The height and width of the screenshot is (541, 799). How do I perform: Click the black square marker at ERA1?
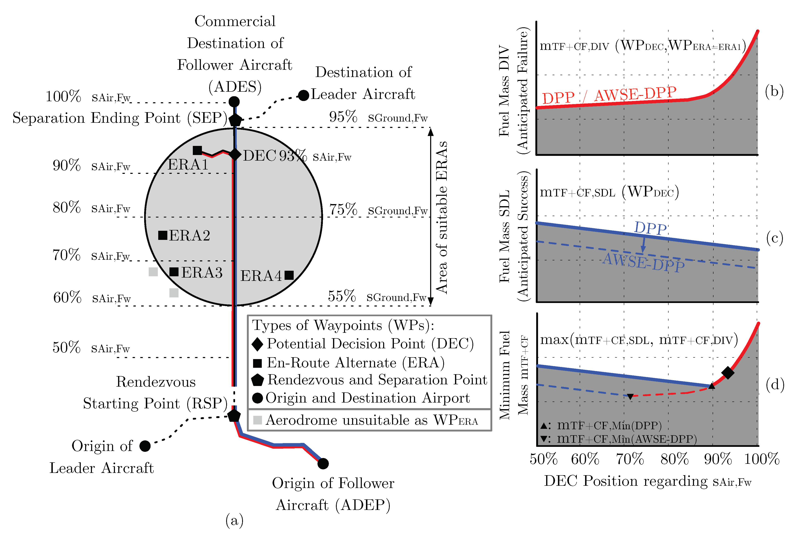point(197,150)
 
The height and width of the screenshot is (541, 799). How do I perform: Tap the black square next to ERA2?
point(163,235)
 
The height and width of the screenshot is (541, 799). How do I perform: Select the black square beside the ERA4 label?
point(289,275)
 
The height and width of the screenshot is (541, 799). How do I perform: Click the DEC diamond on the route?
point(235,154)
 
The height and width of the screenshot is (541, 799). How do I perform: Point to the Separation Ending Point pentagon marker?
point(235,120)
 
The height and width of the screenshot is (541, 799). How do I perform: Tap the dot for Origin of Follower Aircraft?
point(323,463)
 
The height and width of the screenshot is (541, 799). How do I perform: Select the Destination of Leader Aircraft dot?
point(303,95)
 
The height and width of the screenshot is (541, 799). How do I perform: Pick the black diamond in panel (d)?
point(728,372)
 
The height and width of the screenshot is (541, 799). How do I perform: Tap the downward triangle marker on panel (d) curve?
point(630,396)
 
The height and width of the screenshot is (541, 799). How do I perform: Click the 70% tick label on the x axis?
point(630,459)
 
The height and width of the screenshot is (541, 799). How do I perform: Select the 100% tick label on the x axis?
point(762,459)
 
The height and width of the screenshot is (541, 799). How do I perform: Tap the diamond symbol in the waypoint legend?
point(257,344)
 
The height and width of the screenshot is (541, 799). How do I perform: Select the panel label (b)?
point(774,91)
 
